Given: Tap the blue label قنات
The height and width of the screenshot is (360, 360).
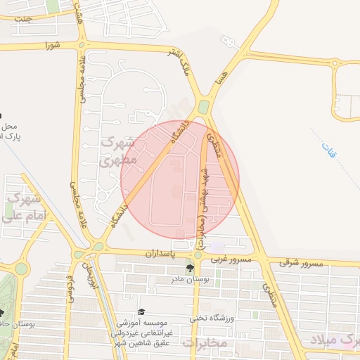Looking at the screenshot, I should pos(330,149).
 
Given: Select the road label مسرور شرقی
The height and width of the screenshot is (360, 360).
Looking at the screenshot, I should pos(301,264).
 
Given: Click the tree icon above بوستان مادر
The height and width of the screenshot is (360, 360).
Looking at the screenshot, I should pos(189,269).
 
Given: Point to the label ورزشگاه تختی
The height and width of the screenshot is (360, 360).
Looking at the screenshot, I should pos(211,319).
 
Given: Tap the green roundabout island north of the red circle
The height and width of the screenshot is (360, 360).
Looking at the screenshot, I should pos(204,107).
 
